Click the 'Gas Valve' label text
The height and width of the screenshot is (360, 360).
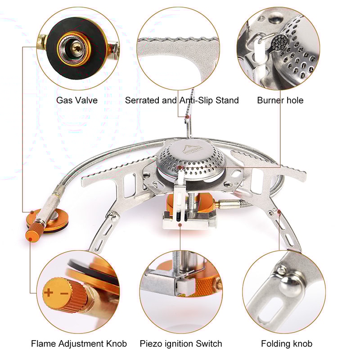76,100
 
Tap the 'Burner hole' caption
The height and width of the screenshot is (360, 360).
280,100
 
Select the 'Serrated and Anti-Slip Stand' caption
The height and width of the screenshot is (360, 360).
182,100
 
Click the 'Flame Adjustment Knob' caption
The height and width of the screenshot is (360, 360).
79,344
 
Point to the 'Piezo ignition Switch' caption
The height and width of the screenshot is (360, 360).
181,344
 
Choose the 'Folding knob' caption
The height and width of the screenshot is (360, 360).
287,344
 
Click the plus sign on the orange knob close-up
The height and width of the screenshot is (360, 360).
49,293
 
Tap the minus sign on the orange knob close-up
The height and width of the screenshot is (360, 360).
63,293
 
